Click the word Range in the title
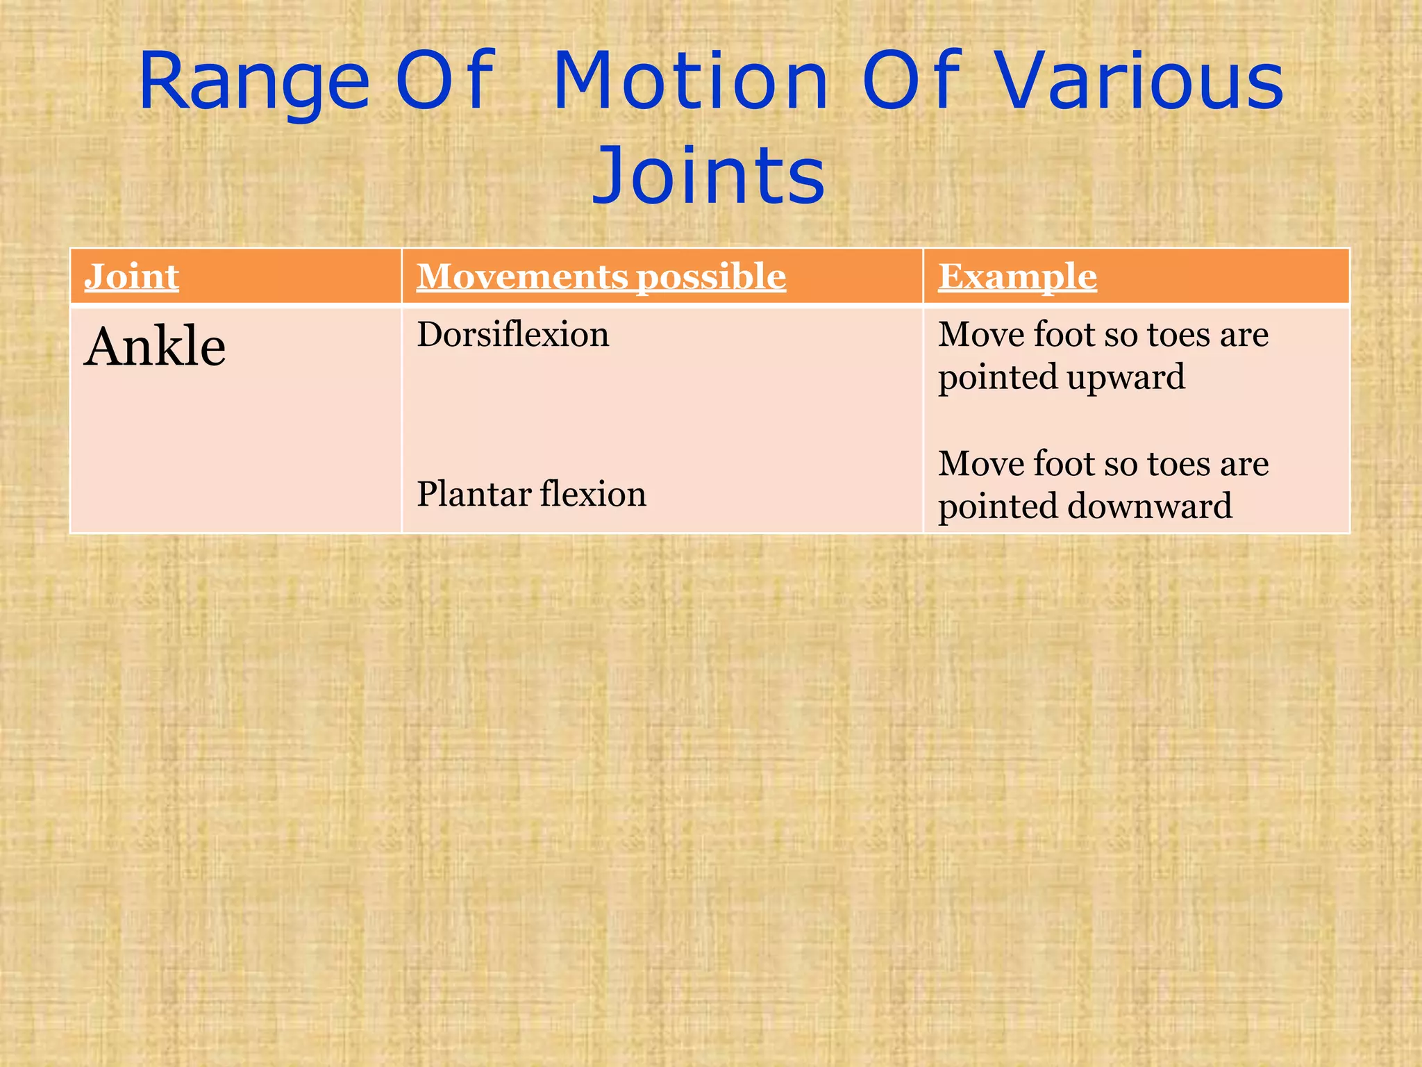pyautogui.click(x=253, y=83)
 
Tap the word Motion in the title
pyautogui.click(x=691, y=83)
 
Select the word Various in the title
pyautogui.click(x=1140, y=83)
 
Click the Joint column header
pyautogui.click(x=131, y=277)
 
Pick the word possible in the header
pyautogui.click(x=711, y=277)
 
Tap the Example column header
pyautogui.click(x=1017, y=277)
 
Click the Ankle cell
pyautogui.click(x=155, y=347)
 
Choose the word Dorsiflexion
pyautogui.click(x=512, y=336)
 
